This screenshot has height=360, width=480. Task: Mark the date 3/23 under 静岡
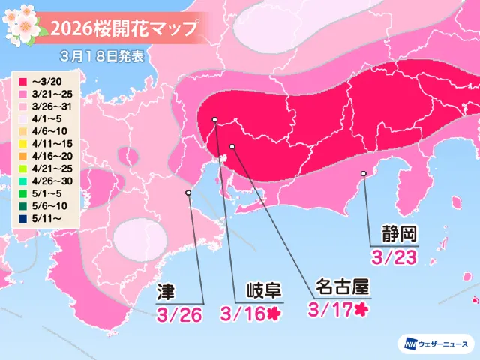pos(394,256)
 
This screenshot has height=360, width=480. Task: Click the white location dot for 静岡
pos(364,174)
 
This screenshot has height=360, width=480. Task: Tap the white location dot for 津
pos(187,193)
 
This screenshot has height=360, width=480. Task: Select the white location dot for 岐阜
pos(215,120)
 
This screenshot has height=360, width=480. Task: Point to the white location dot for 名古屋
pos(232,145)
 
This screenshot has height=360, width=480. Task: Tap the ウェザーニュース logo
pos(434,343)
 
